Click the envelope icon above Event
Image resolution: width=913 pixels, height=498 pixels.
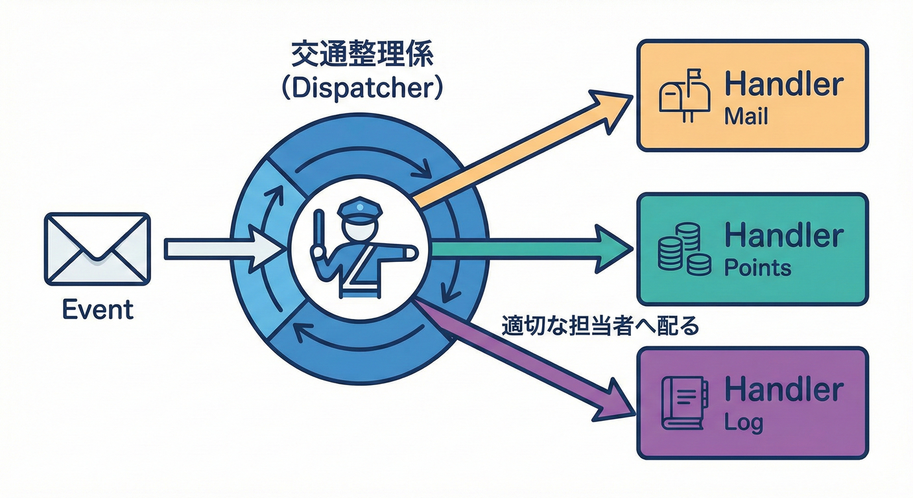97,249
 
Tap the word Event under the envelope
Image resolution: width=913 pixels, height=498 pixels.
97,310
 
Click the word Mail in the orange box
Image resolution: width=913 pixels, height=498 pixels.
746,117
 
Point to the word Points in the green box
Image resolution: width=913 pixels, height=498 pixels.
757,268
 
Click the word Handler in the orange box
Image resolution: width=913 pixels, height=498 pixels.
783,84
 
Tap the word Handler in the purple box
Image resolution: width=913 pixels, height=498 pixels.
783,390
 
